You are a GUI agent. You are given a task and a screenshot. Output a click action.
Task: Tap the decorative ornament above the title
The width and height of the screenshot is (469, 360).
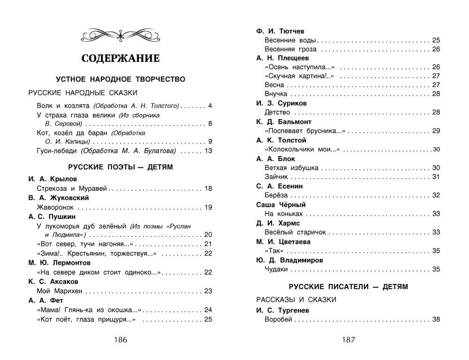coord(121,34)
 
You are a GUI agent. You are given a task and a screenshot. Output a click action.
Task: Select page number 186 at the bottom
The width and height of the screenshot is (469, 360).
coord(120,340)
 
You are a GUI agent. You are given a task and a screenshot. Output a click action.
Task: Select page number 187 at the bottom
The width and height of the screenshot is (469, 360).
coord(348,340)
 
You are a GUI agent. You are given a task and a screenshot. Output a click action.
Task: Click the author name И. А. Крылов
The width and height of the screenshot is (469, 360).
coord(53,179)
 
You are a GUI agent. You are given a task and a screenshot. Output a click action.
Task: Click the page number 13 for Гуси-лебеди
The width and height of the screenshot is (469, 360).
coord(209,151)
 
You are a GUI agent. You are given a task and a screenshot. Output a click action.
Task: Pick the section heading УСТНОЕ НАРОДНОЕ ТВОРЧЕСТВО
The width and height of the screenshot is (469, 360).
coord(121,79)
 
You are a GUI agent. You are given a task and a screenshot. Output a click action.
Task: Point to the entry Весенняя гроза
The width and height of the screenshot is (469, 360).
coord(291,49)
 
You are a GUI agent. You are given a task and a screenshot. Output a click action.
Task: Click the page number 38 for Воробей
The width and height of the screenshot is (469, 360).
coord(436,320)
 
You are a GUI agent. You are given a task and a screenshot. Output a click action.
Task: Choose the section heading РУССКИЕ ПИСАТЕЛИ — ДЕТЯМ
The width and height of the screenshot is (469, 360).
coord(348,286)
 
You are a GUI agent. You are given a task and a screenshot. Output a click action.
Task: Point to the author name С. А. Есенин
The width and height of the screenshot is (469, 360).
coord(280,186)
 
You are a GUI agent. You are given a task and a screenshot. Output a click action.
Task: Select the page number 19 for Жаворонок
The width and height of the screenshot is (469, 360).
coord(209,207)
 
